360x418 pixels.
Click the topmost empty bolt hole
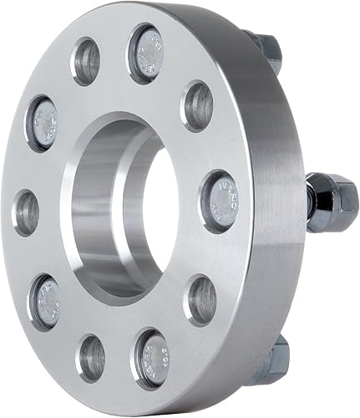(87, 62)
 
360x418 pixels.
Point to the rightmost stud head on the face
(218, 201)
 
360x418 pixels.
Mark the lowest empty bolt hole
(89, 359)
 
